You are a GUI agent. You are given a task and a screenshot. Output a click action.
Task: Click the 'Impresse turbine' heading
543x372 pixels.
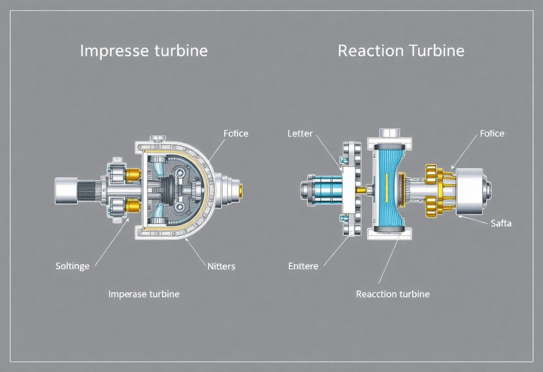coord(144,51)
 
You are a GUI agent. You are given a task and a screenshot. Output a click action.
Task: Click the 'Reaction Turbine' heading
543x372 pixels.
coord(401,51)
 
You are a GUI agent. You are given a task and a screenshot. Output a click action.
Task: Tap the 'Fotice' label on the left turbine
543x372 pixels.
coord(236,133)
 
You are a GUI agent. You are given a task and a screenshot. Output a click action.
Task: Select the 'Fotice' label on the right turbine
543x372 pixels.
coord(492,133)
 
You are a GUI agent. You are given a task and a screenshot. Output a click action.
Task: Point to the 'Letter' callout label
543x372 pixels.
coord(300,133)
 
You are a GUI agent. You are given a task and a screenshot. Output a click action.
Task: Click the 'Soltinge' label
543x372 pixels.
coord(72,266)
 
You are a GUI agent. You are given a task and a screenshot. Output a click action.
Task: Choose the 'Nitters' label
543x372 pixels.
coord(221,266)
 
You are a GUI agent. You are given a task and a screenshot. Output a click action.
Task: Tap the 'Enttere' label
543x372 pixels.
coord(303,266)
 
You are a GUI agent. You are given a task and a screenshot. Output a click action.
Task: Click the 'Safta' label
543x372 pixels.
coord(501,223)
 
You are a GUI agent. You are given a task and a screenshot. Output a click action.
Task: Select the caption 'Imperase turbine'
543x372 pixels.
coord(144,294)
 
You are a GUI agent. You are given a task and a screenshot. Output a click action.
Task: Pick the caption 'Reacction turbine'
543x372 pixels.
coord(393,294)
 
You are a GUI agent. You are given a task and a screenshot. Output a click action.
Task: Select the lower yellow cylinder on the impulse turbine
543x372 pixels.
coord(133,206)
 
